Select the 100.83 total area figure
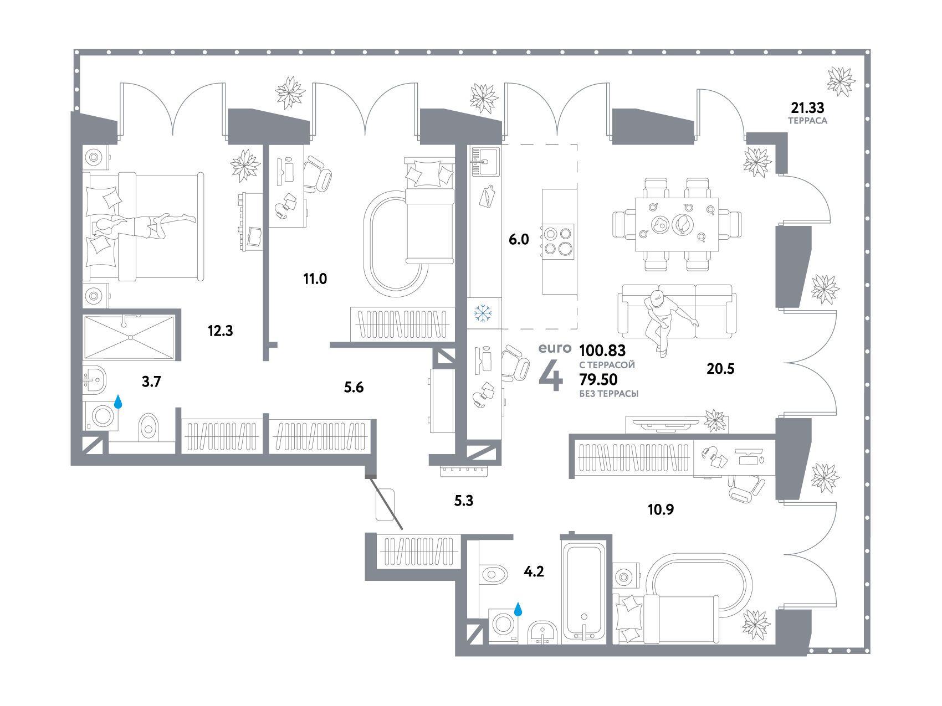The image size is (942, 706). pyautogui.click(x=602, y=351)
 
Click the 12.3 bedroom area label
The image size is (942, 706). pyautogui.click(x=221, y=331)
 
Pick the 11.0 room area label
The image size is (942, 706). pyautogui.click(x=315, y=279)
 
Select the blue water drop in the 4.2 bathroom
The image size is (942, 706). pyautogui.click(x=518, y=610)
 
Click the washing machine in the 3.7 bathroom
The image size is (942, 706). pyautogui.click(x=101, y=415)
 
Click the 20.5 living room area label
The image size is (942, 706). pyautogui.click(x=720, y=368)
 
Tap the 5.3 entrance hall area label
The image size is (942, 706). pyautogui.click(x=463, y=502)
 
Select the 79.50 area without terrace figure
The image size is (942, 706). pyautogui.click(x=598, y=379)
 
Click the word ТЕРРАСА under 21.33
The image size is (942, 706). pyautogui.click(x=808, y=120)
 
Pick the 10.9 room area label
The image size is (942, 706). pyautogui.click(x=661, y=510)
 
